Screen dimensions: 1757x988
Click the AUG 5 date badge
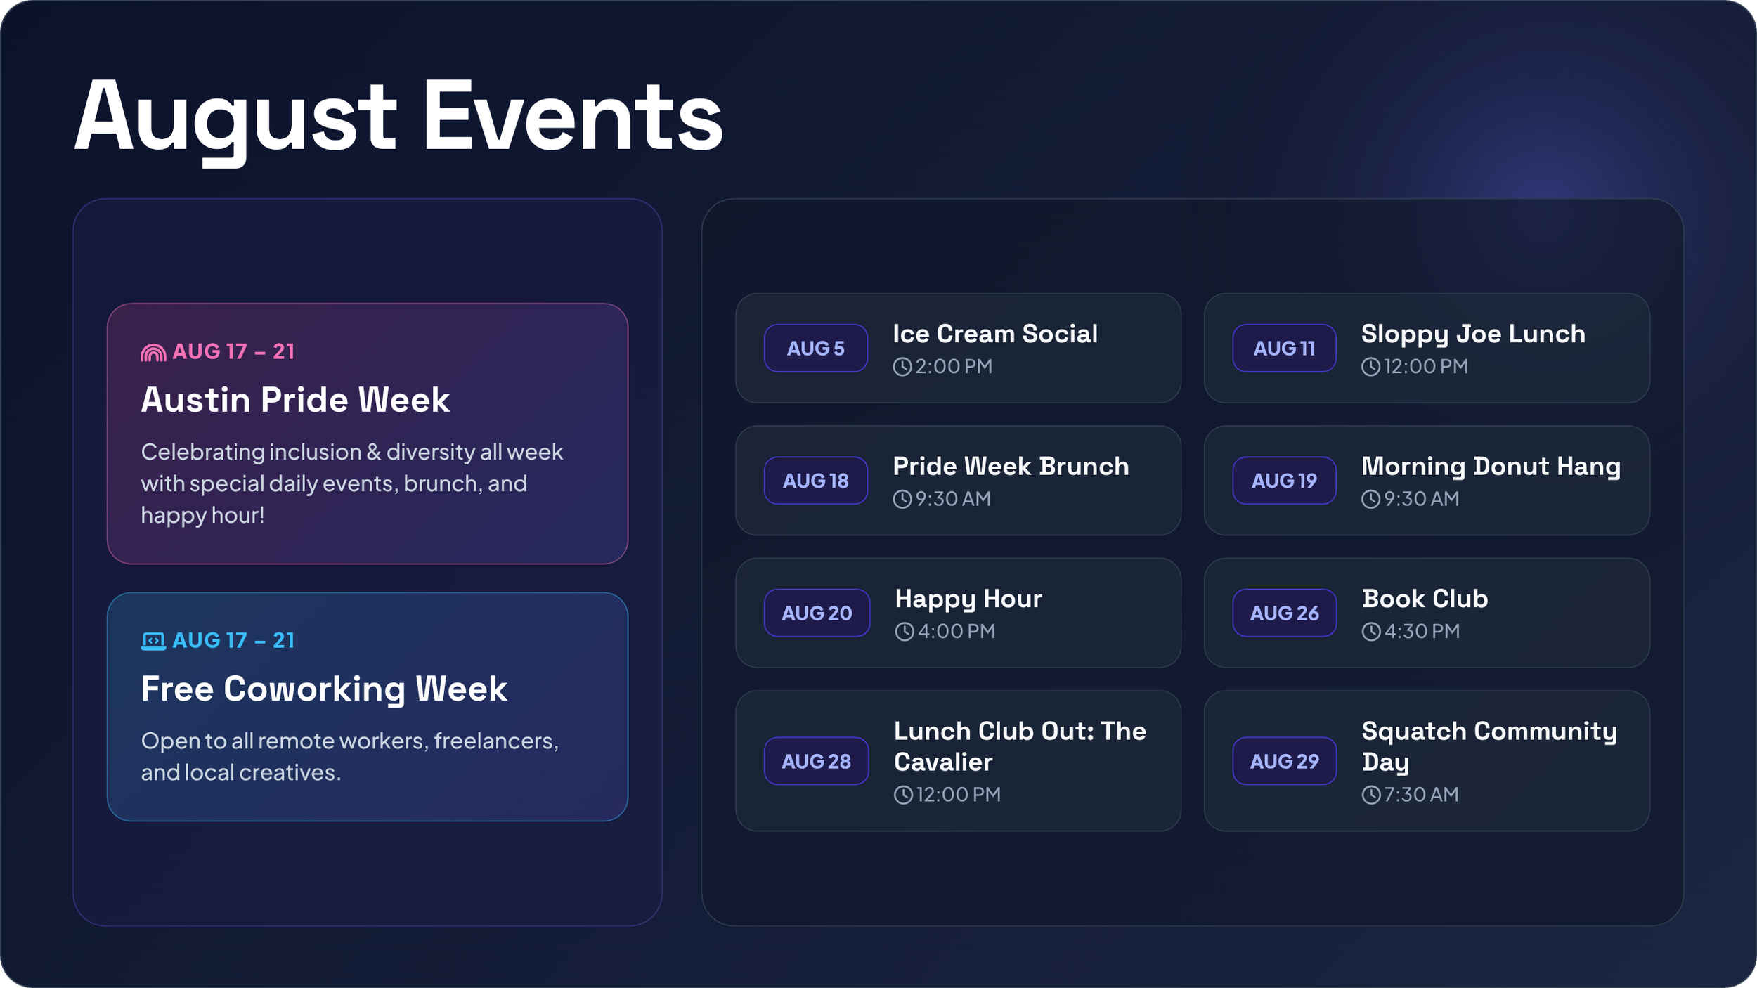[815, 348]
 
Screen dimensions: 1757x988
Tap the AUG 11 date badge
[1284, 348]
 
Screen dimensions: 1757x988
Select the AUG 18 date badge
[815, 481]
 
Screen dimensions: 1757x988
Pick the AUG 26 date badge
[1284, 613]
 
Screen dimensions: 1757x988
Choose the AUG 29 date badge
[1284, 761]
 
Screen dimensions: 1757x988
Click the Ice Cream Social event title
[994, 334]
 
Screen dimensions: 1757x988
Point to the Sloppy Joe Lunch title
[1473, 334]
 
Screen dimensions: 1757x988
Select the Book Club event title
[1425, 599]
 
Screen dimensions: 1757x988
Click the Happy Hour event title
[968, 599]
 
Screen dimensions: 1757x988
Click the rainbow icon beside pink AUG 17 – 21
[153, 352]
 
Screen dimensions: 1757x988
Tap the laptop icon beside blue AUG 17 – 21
[153, 641]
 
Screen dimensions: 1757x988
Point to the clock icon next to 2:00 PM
[902, 367]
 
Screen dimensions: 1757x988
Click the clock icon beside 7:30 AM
[1371, 795]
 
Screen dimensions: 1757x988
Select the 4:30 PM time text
[1422, 631]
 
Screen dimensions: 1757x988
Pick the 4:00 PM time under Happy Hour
[957, 631]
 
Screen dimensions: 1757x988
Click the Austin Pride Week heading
[295, 400]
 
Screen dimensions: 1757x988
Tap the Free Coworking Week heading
[324, 689]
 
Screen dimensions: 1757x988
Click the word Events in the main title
[572, 116]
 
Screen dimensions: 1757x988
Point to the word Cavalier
[943, 762]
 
